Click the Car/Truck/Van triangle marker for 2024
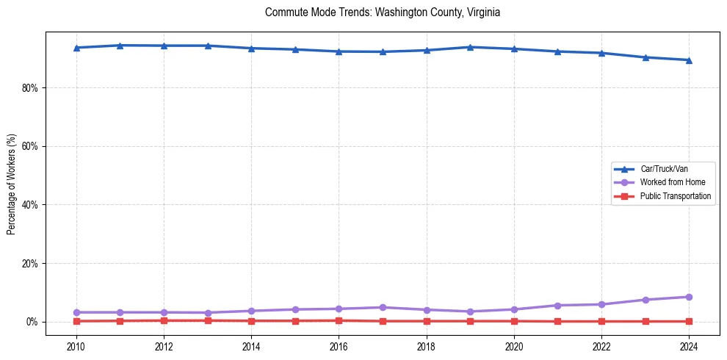689,60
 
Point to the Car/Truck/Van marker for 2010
76,48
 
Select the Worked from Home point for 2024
689,297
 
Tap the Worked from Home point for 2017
383,307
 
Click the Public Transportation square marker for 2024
689,321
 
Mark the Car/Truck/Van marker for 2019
470,47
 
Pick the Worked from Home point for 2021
557,306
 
